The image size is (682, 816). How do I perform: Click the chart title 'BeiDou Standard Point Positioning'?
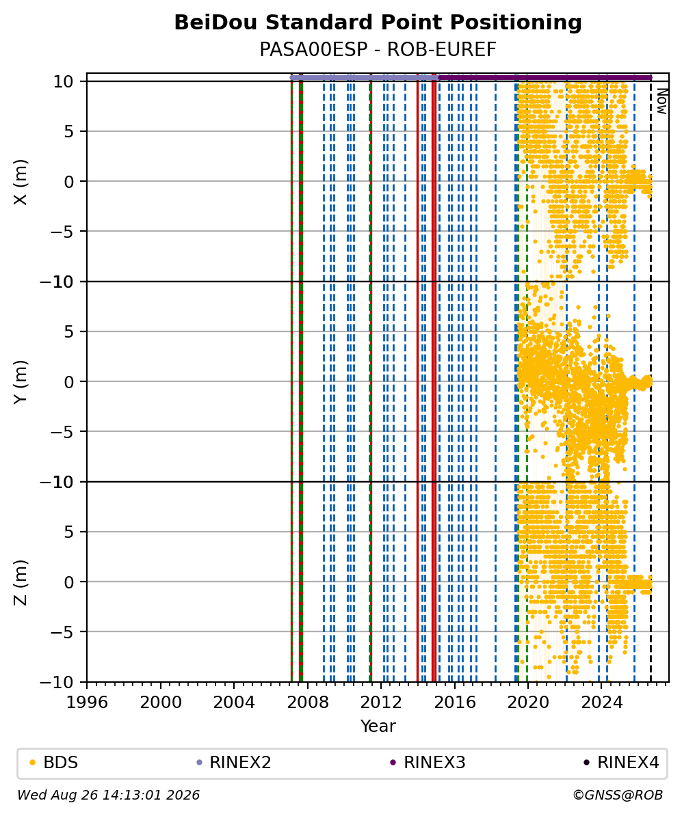[x=378, y=23]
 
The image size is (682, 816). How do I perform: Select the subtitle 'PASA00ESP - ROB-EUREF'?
[x=378, y=50]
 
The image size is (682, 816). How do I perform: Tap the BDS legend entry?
[x=53, y=763]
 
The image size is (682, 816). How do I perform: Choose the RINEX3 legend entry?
[x=428, y=763]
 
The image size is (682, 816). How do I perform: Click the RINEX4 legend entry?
[x=621, y=763]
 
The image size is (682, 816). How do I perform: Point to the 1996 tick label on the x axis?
[x=87, y=703]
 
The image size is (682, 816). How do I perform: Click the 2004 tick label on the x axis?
[x=234, y=703]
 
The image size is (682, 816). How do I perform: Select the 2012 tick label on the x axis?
[x=381, y=703]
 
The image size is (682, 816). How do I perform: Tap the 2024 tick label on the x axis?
[x=601, y=703]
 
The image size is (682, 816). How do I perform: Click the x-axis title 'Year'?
[x=378, y=726]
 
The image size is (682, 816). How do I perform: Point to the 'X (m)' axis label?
[x=20, y=182]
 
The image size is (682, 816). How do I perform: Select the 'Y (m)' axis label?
[x=20, y=381]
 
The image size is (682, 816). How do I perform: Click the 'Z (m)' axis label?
[x=20, y=582]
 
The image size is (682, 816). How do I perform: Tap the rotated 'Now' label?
[x=661, y=101]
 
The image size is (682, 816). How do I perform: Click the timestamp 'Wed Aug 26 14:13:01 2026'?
[x=108, y=795]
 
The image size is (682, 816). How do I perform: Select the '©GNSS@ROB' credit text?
[x=618, y=795]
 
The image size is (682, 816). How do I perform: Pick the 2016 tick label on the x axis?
[x=454, y=703]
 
